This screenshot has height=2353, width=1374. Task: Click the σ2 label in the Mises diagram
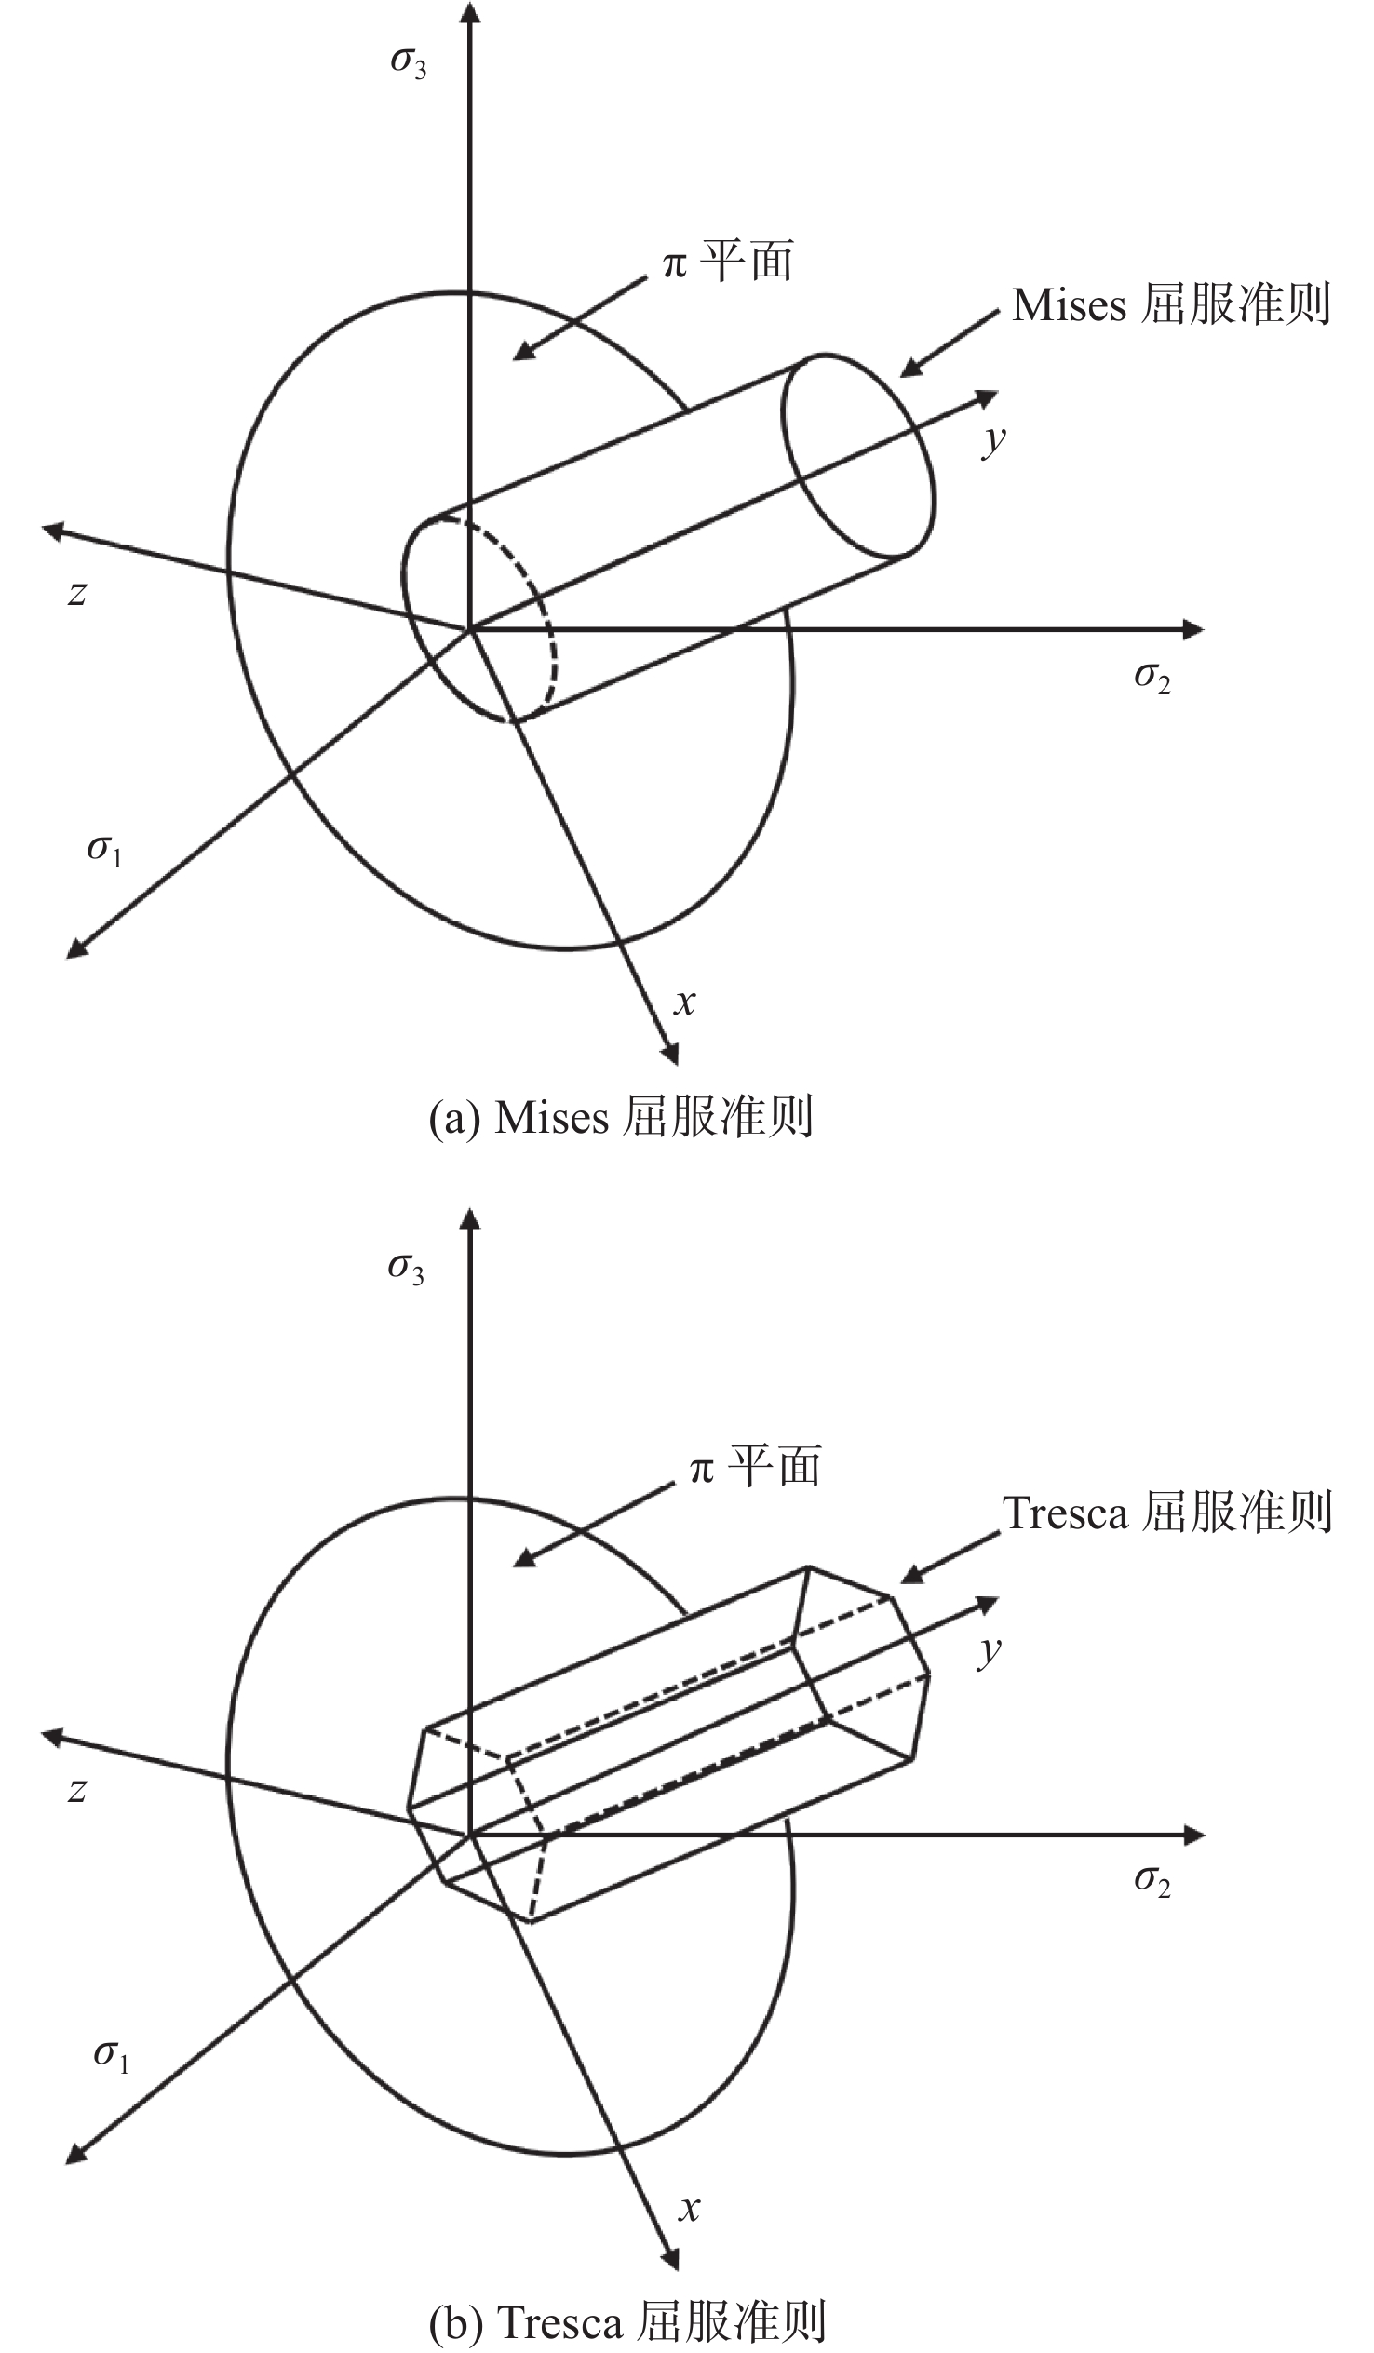tap(1152, 678)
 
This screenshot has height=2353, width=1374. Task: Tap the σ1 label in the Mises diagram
tap(104, 850)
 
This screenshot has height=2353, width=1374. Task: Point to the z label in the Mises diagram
tap(77, 593)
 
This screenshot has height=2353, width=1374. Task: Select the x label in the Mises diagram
tap(684, 1002)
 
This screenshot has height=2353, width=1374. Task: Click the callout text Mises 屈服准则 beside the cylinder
tap(1171, 304)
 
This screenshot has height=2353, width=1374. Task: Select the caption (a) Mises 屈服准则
tap(621, 1117)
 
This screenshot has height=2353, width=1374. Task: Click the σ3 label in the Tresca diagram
tap(405, 1270)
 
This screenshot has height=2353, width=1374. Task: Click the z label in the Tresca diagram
tap(77, 1790)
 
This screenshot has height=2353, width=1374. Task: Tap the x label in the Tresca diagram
tap(689, 2210)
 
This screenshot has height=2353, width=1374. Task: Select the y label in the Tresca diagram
tap(990, 1650)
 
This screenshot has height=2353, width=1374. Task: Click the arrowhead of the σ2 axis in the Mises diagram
tap(1193, 629)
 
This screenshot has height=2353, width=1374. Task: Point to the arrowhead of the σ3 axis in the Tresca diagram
tap(471, 1219)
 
